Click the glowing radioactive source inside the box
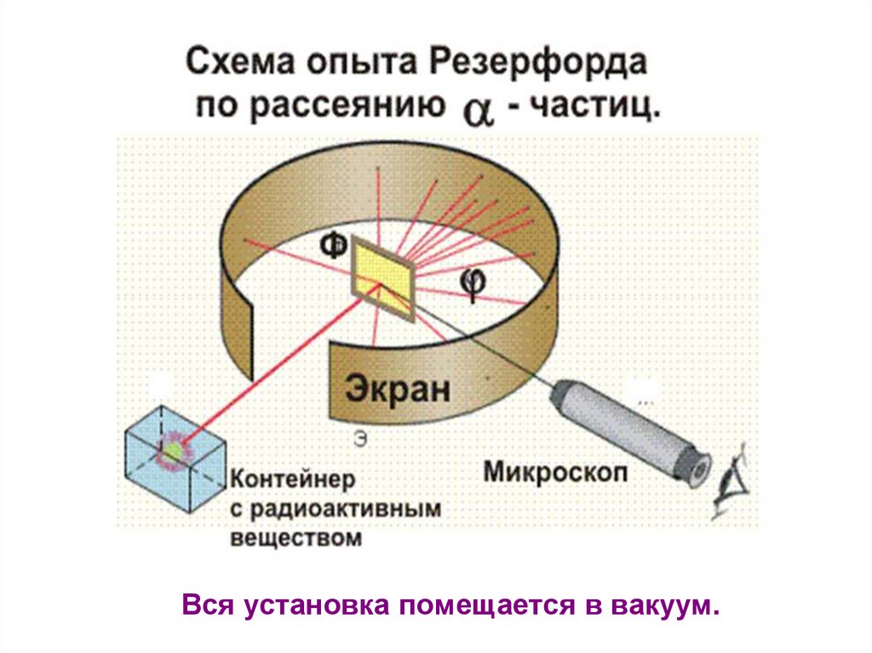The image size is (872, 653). [x=174, y=449]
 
